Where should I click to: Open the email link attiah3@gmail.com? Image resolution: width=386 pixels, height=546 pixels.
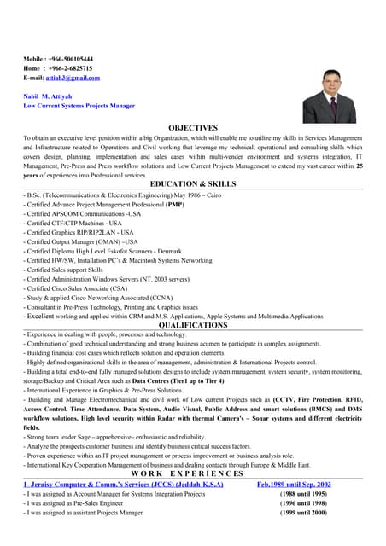click(73, 78)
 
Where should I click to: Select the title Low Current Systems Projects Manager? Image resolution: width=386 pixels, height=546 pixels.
click(79, 106)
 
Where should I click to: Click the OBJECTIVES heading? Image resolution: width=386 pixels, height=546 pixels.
click(193, 127)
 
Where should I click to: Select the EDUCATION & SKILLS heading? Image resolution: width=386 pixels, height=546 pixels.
click(193, 183)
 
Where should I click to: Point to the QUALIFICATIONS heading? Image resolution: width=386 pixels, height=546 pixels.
click(193, 325)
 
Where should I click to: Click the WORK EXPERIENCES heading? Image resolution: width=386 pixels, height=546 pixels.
click(193, 473)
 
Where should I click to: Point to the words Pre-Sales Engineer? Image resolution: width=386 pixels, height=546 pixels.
click(92, 503)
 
